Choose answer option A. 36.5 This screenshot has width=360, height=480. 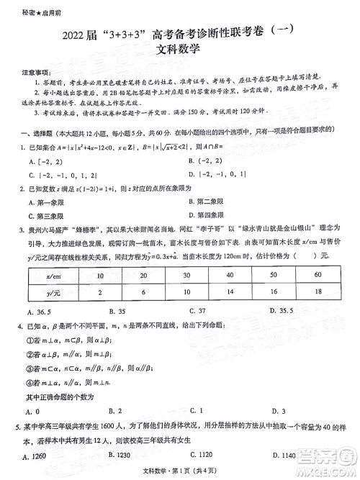pos(38,312)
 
